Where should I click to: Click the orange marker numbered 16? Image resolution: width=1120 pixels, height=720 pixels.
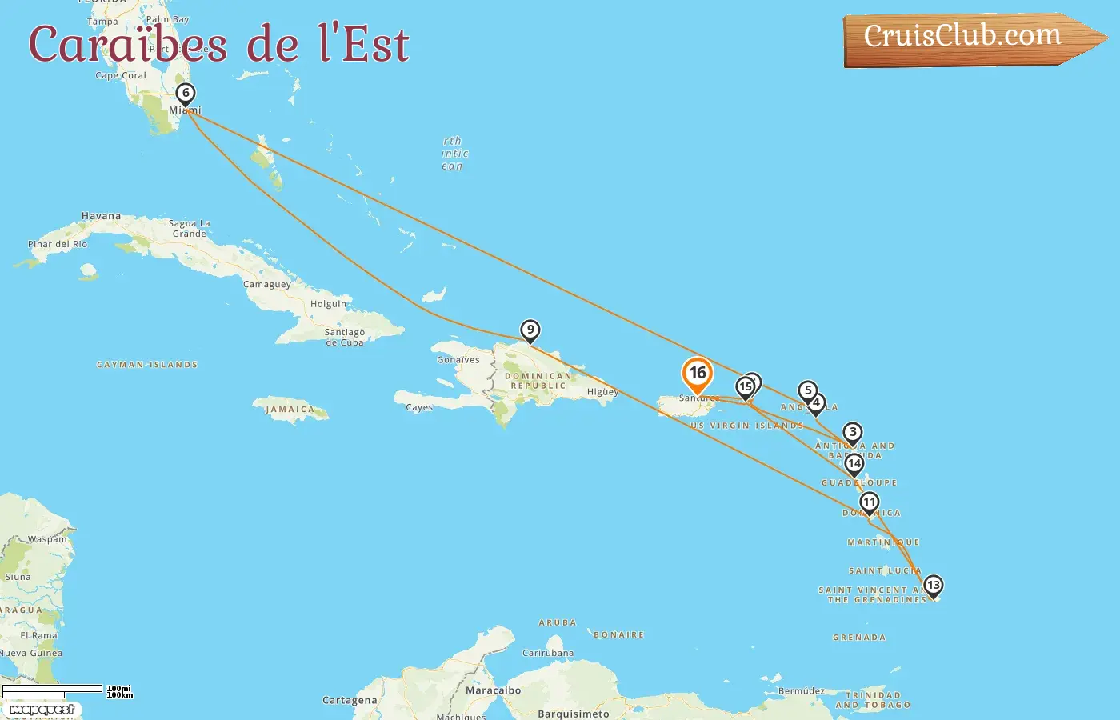[698, 374]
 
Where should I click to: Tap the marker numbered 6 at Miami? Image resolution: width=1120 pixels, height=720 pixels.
[186, 94]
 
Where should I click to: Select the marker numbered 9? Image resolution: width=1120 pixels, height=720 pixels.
[530, 330]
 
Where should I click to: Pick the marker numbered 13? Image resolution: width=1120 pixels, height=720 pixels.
[933, 586]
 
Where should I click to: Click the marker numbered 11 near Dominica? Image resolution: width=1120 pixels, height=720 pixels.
[870, 502]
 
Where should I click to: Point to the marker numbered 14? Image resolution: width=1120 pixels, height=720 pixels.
[854, 463]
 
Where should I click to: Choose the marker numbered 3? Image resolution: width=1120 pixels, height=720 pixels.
[853, 433]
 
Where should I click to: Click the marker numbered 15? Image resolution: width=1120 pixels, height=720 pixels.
[745, 388]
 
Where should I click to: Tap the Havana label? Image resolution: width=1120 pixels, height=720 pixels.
[101, 216]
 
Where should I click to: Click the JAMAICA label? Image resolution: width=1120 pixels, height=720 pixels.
[290, 410]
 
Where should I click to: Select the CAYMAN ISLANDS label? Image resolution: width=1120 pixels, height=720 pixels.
[147, 365]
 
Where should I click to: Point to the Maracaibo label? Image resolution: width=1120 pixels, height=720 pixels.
[493, 690]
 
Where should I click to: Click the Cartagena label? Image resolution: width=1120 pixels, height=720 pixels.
[350, 700]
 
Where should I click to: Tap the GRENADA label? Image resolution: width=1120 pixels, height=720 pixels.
[859, 638]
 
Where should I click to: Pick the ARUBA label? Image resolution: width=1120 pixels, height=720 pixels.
[558, 622]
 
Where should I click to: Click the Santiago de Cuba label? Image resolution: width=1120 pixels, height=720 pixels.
[345, 337]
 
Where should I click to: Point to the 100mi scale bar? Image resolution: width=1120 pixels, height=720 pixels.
[53, 689]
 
